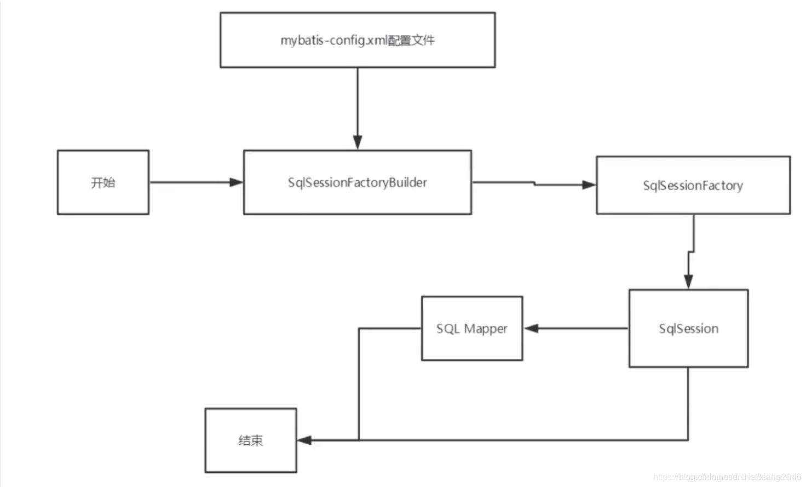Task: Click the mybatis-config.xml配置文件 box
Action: tap(358, 40)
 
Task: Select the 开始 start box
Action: tap(103, 182)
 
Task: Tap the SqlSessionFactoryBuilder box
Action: tap(357, 182)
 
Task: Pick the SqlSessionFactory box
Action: tap(693, 185)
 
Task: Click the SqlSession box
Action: tap(688, 328)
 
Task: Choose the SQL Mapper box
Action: tap(471, 328)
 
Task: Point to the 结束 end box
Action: tap(251, 440)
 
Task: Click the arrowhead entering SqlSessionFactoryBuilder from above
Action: tap(358, 142)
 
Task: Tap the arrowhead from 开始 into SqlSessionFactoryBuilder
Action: tap(236, 182)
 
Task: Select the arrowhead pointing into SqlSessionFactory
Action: tap(589, 185)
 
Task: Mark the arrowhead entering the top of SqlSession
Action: tap(688, 282)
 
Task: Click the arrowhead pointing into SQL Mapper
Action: tap(531, 328)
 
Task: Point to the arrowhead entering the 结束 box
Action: tap(304, 440)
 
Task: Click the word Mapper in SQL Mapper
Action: tap(486, 329)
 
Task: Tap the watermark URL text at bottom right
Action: tap(727, 477)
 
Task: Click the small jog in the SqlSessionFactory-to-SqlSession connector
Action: tap(691, 252)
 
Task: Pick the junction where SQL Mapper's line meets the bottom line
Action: tap(359, 440)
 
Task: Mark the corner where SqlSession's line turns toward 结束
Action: tap(688, 440)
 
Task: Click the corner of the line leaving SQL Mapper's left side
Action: tap(359, 328)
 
